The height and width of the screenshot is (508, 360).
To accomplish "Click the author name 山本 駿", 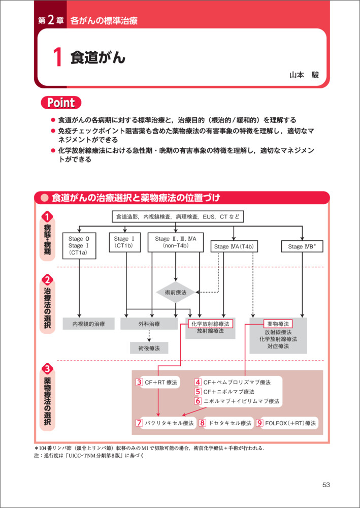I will pos(304,75).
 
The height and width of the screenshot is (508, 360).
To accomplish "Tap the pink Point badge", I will pos(61,103).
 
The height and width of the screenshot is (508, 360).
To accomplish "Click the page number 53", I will pos(326,485).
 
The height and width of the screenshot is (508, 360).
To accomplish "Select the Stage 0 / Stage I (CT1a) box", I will pos(80,245).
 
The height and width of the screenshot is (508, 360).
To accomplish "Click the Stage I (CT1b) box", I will pos(125,242).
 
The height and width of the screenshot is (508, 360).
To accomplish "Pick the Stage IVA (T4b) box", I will pos(234,247).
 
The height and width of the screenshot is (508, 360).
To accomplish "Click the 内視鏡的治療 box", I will pos(89,324).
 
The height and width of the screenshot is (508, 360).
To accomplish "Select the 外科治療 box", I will pos(149,324).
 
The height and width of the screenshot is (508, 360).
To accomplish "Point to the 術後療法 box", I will pos(149,348).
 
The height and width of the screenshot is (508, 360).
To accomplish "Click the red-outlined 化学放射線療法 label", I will pos(210,324).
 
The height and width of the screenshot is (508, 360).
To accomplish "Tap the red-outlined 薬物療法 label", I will pos(278,324).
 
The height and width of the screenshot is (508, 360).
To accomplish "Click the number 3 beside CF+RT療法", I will pos(139,382).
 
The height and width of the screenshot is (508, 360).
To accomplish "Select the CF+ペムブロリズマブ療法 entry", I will pos(237,382).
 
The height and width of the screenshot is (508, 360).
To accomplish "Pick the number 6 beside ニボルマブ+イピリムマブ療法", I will pos(199,401).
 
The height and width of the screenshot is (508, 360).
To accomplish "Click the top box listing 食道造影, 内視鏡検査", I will pos(178,217).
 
